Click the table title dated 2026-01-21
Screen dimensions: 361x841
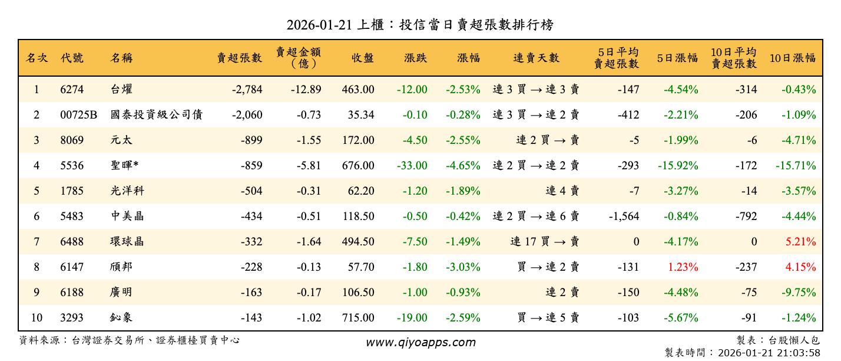pos(420,25)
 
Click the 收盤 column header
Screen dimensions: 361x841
pos(363,58)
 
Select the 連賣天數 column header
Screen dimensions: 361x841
pos(536,58)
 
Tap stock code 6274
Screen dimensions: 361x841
pos(72,90)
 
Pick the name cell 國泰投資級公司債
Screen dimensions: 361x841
pos(157,115)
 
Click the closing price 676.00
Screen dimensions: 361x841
pos(357,166)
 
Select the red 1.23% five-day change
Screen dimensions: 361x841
pos(683,267)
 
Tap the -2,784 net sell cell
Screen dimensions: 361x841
pos(247,90)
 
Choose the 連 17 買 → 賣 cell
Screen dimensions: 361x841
pos(545,242)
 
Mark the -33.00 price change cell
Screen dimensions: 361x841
pos(412,166)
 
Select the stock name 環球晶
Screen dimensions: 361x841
pos(127,242)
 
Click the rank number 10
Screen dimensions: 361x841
pos(37,318)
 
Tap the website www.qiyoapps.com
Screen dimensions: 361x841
pos(420,342)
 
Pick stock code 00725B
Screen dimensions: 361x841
pos(78,115)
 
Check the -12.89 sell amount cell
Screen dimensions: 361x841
pos(306,90)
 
